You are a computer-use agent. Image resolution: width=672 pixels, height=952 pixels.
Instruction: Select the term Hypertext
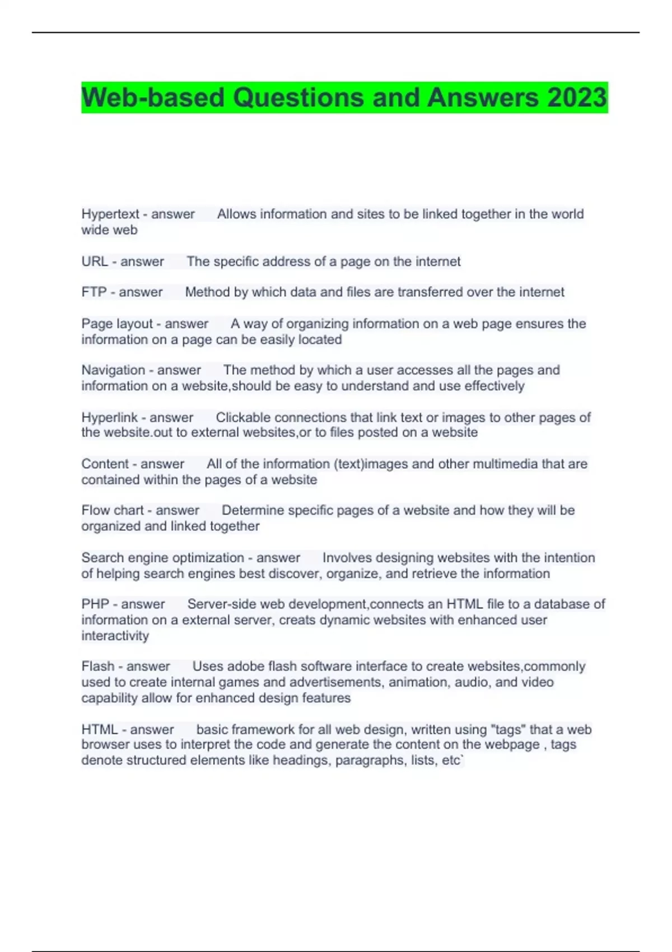coord(110,214)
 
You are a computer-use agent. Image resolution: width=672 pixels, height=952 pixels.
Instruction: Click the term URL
coord(95,262)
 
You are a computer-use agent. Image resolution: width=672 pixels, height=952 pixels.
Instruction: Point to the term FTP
coord(94,292)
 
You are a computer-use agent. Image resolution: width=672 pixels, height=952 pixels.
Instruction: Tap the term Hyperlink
coord(109,417)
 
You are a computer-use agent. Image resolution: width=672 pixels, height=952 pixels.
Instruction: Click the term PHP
coord(95,604)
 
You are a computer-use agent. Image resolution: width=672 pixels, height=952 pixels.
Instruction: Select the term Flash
coord(97,666)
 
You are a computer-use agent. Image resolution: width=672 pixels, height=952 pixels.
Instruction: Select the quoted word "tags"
coord(508,730)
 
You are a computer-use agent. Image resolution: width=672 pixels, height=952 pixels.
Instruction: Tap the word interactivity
coord(115,636)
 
